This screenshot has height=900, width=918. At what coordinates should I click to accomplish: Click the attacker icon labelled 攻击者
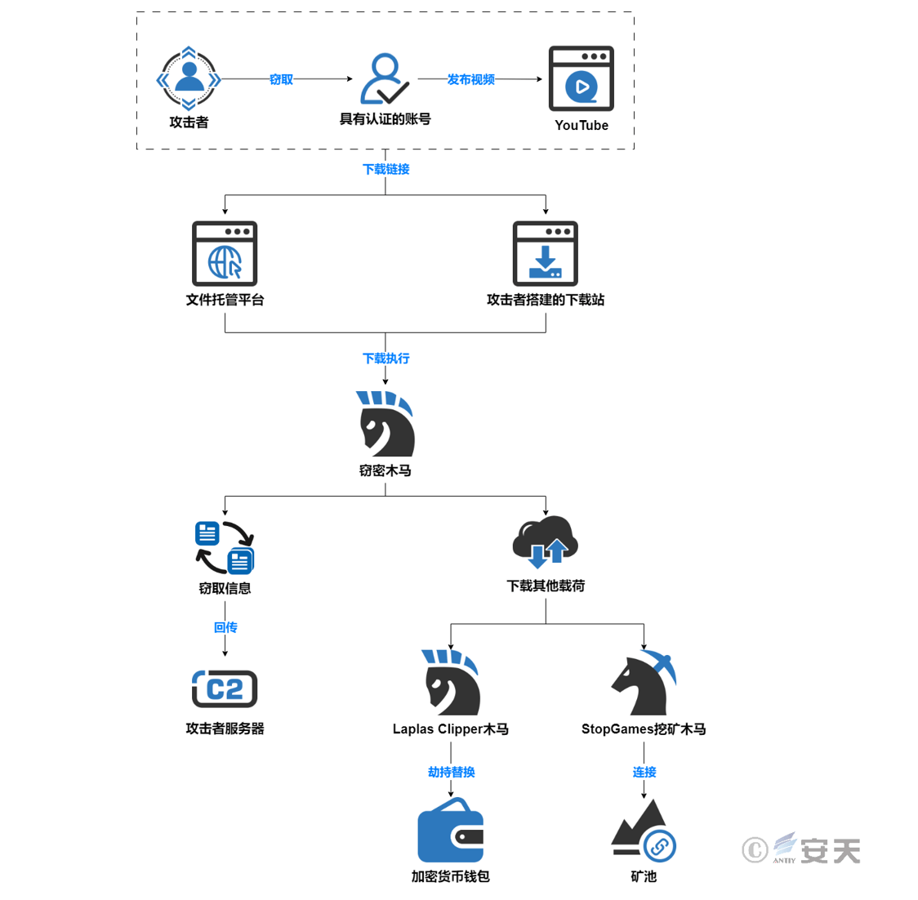pyautogui.click(x=189, y=79)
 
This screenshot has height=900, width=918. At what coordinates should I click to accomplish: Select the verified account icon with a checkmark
pyautogui.click(x=384, y=79)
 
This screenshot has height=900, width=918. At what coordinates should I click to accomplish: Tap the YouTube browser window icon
pyautogui.click(x=581, y=78)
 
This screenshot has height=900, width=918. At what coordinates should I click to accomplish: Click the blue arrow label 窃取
pyautogui.click(x=281, y=79)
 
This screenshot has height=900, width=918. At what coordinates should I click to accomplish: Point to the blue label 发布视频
pyautogui.click(x=470, y=79)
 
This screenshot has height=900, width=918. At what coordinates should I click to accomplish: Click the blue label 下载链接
pyautogui.click(x=385, y=169)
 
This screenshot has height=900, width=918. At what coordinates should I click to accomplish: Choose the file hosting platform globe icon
pyautogui.click(x=225, y=253)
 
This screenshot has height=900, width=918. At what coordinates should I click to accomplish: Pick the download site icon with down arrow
pyautogui.click(x=545, y=253)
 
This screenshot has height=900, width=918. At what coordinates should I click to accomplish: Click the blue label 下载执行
pyautogui.click(x=385, y=359)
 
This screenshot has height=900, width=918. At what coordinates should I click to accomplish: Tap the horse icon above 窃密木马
pyautogui.click(x=385, y=424)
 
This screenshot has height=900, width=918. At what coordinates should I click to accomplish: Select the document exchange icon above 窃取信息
pyautogui.click(x=225, y=547)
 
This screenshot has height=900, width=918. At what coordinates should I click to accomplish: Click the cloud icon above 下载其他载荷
pyautogui.click(x=545, y=541)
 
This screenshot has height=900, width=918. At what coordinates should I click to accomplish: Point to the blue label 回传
pyautogui.click(x=225, y=627)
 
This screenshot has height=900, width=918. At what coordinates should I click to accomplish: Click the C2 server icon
pyautogui.click(x=225, y=688)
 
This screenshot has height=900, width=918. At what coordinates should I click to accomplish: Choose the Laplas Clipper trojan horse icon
pyautogui.click(x=451, y=683)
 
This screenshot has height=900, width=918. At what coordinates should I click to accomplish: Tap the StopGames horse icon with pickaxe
pyautogui.click(x=644, y=683)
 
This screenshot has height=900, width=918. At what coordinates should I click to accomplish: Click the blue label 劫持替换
pyautogui.click(x=451, y=772)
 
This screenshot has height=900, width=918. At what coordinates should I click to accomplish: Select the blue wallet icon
pyautogui.click(x=451, y=831)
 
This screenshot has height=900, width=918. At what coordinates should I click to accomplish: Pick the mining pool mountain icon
pyautogui.click(x=644, y=830)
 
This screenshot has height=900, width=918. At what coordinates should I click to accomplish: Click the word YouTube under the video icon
pyautogui.click(x=581, y=125)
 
